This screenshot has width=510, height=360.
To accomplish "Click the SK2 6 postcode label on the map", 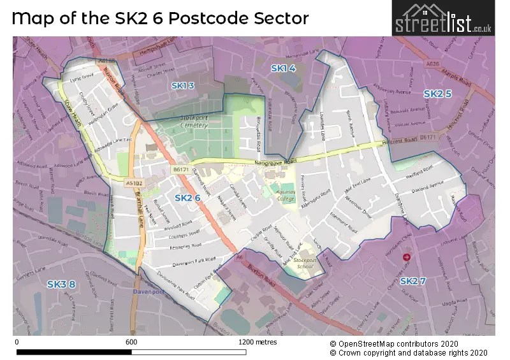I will pyautogui.click(x=187, y=198).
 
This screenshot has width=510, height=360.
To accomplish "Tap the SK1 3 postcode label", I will pyautogui.click(x=182, y=85).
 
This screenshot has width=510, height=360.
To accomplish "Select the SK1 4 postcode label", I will pyautogui.click(x=283, y=68).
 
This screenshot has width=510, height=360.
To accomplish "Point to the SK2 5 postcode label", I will pyautogui.click(x=437, y=94).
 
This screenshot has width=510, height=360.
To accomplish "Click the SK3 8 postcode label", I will pyautogui.click(x=61, y=284).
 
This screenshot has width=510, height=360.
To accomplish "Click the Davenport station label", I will pyautogui.click(x=145, y=292).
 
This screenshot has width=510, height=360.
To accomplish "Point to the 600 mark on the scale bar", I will pyautogui.click(x=131, y=342).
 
